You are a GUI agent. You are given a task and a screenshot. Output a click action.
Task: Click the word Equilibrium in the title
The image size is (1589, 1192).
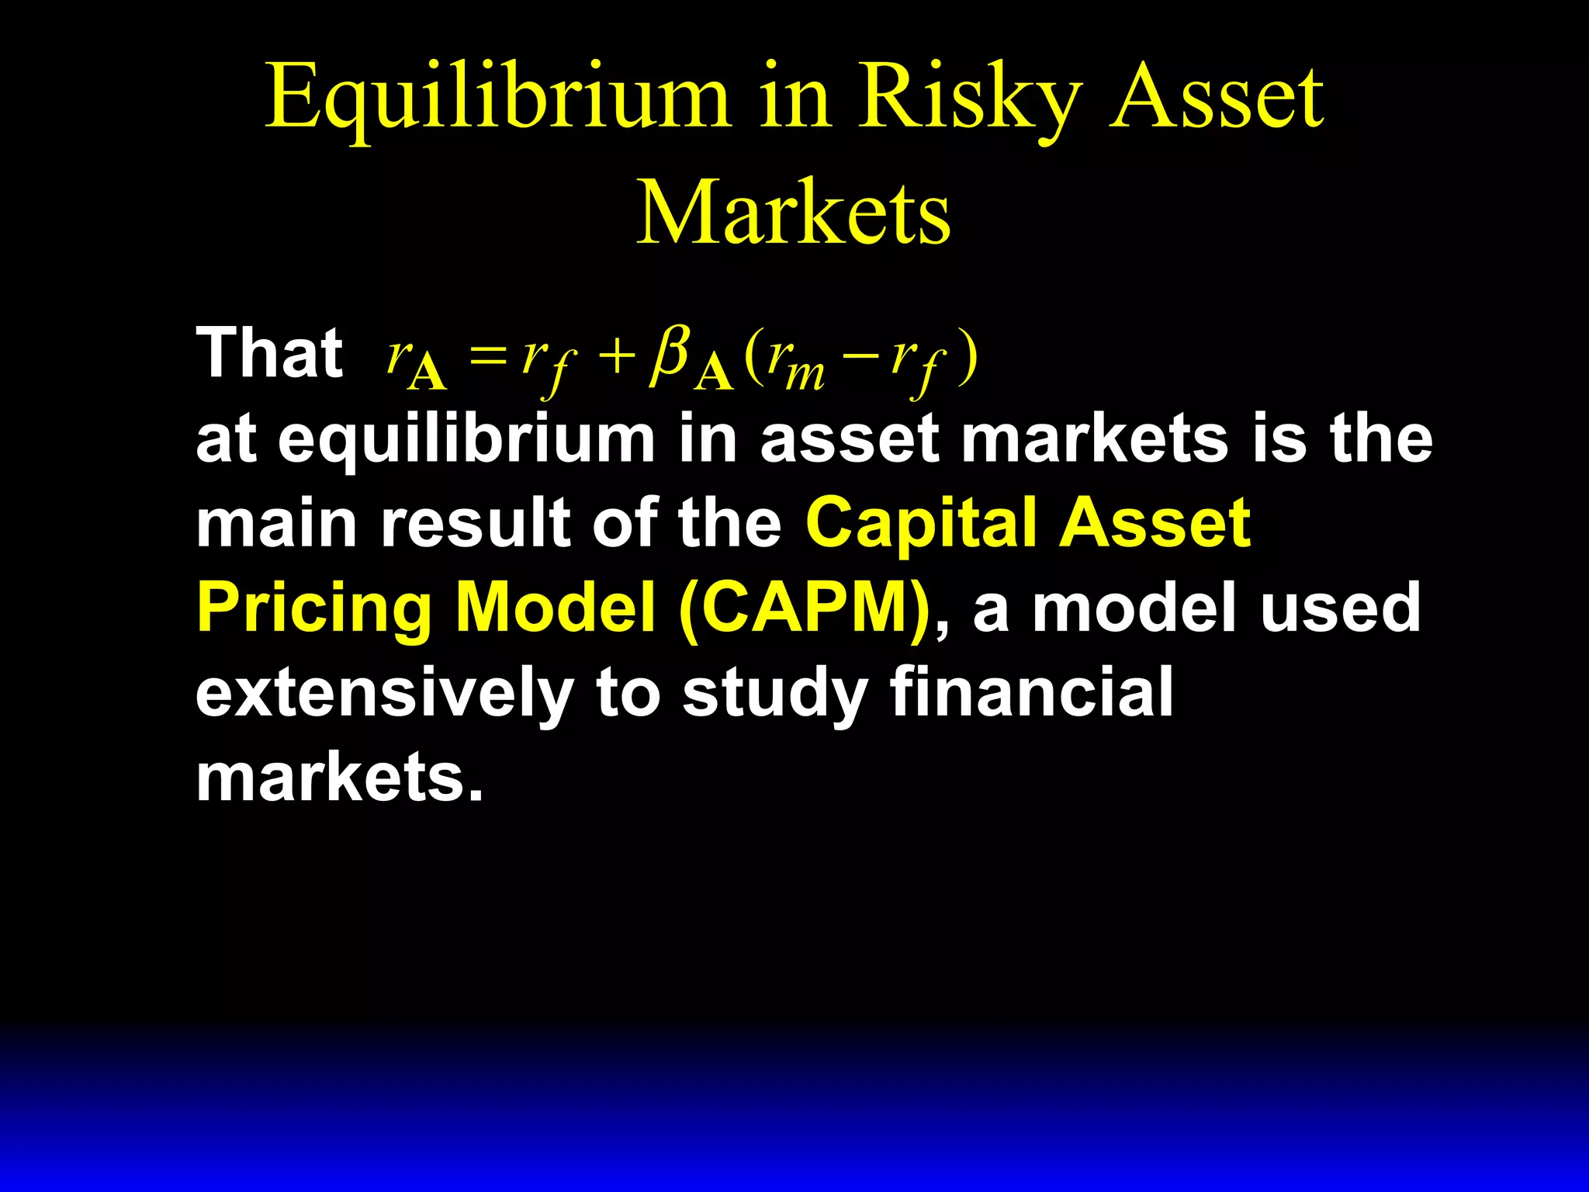[497, 99]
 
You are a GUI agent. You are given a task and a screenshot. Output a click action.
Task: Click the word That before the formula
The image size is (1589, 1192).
[269, 354]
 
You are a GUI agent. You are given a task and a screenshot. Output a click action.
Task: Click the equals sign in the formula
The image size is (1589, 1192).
[487, 359]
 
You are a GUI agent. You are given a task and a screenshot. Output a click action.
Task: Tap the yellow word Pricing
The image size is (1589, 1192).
[313, 608]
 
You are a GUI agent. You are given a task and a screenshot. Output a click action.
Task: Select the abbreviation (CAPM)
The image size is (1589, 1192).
[804, 608]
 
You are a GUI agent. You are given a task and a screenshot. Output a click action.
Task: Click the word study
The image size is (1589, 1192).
[774, 693]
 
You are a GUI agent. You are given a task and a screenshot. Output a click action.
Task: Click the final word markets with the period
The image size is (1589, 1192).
[339, 777]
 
